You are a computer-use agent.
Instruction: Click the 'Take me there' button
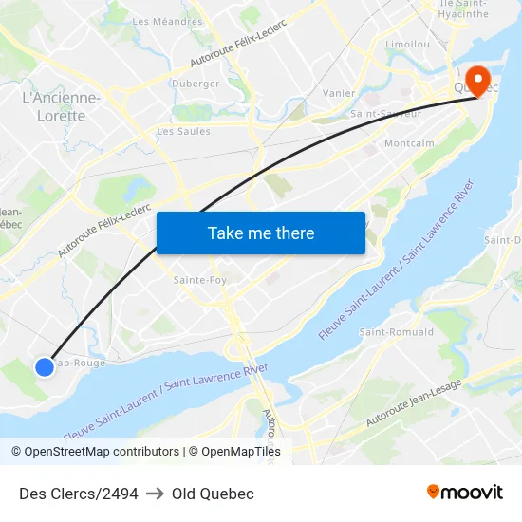point(261,233)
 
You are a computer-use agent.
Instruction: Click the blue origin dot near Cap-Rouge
point(45,366)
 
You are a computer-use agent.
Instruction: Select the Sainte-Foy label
point(199,280)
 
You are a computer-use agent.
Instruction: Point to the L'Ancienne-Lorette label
point(61,106)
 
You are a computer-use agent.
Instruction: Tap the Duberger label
point(196,84)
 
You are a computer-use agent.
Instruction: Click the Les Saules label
point(183,131)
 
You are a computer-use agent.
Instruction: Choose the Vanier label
point(339,93)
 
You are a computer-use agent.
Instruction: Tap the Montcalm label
point(408,143)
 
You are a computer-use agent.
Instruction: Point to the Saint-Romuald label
point(396,332)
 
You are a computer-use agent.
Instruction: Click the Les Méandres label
point(167,21)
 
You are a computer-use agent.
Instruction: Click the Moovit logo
point(465,493)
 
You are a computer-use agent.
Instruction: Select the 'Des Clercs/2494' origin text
point(79,494)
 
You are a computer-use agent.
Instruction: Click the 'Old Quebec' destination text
point(213,494)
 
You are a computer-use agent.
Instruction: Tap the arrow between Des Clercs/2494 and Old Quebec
point(155,494)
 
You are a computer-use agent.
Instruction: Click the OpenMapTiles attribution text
point(234,452)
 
